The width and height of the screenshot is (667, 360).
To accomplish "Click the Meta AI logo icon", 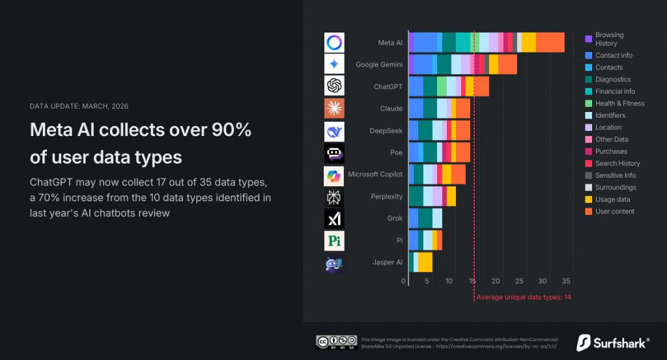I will pos(334,43).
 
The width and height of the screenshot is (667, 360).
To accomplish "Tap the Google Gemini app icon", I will pos(334,64).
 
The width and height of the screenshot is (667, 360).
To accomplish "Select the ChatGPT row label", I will pos(388,87).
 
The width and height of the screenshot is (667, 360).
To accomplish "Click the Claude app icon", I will pos(334,109).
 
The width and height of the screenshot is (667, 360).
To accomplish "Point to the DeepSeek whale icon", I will pos(334,131).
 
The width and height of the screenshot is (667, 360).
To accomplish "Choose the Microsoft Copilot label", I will pos(375,174).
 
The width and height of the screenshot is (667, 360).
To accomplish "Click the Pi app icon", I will pos(334,241).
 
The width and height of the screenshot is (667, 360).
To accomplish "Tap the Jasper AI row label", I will pos(387,262).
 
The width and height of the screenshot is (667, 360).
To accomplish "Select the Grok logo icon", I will pos(334,219).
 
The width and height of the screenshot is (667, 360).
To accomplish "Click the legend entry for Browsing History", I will pos(609,39).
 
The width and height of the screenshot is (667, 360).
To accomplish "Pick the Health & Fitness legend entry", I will pos(619,104).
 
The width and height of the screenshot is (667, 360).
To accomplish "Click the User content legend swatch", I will pos(588,212).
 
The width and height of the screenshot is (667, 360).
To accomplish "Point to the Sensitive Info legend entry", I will pos(615,176).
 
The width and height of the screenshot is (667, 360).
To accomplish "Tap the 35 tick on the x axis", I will pos(566,281).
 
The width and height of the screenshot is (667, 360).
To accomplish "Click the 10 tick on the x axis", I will pos(449,281).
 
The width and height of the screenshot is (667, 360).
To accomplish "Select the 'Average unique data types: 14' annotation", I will pos(524,298).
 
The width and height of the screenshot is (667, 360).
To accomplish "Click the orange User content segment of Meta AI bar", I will pos(550,42).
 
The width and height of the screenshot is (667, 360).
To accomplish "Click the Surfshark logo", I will pos(612,342).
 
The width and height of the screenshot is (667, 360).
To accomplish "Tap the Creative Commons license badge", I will pos(336,342).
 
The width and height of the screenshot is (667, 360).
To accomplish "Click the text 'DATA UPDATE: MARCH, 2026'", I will pos(83,106).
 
